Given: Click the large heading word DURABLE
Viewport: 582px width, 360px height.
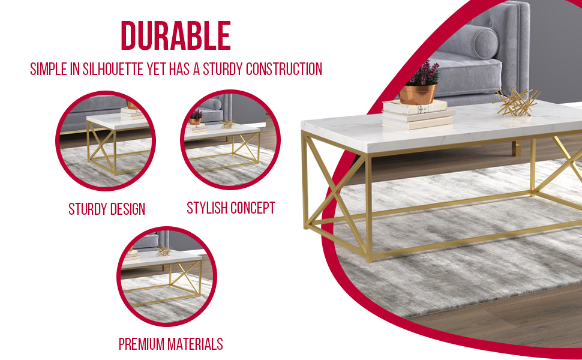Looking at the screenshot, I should point(176,37).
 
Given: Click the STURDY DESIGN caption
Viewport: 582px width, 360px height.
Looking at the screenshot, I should point(107,209).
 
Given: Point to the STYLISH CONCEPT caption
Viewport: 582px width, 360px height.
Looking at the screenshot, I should point(231,208).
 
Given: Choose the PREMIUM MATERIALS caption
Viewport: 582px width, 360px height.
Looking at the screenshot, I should point(170,344).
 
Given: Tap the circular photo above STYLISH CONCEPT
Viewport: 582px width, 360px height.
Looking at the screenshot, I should point(230,140).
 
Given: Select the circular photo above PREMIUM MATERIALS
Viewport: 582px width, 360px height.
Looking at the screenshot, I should point(166,277).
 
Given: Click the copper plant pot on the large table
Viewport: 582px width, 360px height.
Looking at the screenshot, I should point(418,94).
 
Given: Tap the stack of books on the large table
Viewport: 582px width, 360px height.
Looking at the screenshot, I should point(415,115).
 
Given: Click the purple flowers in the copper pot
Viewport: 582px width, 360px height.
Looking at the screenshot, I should point(422,74).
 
